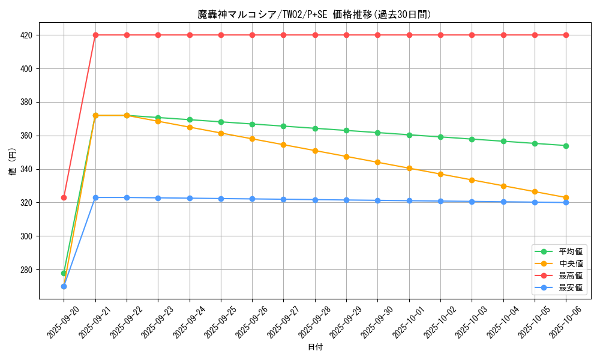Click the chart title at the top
314,14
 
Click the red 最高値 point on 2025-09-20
64,197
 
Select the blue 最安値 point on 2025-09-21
95,197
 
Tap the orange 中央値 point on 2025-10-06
566,197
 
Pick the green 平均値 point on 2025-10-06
566,146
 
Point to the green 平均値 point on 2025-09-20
64,273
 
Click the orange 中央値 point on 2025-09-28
315,151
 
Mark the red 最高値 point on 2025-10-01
409,35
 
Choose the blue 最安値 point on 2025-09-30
377,200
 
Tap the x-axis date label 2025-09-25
213,322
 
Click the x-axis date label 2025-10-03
464,322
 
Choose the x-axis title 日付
315,347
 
